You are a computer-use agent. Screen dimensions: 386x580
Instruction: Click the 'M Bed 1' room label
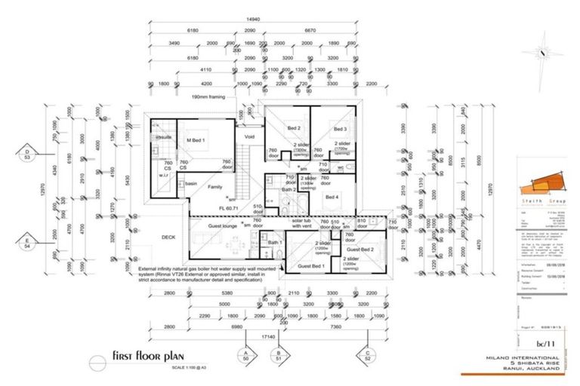(196, 140)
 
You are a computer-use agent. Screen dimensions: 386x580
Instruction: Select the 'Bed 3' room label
(339, 130)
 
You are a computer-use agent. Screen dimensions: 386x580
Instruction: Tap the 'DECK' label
(169, 237)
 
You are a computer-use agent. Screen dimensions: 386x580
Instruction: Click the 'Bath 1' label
(275, 242)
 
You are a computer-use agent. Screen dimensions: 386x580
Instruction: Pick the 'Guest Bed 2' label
(360, 248)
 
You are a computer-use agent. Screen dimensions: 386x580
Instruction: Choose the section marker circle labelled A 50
(245, 357)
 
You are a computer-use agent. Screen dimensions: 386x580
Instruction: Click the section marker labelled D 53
(27, 155)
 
